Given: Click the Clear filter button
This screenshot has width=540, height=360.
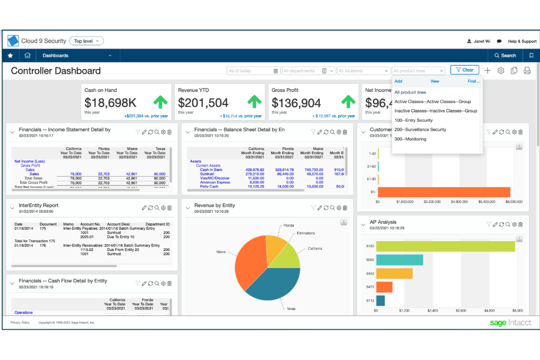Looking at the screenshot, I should (464, 70).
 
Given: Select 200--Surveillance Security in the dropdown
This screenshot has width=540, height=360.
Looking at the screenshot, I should (420, 129).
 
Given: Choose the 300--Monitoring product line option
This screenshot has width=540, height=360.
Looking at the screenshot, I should (410, 139).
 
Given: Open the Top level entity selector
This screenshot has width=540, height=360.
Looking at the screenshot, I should (86, 41).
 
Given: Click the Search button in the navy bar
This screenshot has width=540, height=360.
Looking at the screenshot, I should (505, 55).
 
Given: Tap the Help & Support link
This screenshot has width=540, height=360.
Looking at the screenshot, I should (522, 41).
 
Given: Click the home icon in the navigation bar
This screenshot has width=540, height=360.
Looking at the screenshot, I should (27, 55).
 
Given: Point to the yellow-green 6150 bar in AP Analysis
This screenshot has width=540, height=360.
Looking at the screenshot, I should (445, 246).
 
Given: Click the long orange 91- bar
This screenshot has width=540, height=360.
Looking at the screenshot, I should (444, 192).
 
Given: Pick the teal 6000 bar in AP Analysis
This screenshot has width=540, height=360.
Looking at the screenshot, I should (399, 260).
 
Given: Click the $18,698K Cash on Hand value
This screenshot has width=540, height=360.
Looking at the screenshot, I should (110, 103).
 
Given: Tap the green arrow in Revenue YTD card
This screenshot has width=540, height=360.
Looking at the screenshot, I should (254, 102).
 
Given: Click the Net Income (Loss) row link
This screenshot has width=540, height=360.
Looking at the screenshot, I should (30, 161).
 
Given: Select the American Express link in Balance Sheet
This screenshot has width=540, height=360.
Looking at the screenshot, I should (215, 182).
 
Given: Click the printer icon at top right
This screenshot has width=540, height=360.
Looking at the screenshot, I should (527, 71).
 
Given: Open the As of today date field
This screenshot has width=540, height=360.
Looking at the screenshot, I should (253, 71).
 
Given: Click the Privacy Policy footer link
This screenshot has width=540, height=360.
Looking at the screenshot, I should (20, 322).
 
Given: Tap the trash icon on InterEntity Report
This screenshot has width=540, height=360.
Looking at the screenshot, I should (169, 208).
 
